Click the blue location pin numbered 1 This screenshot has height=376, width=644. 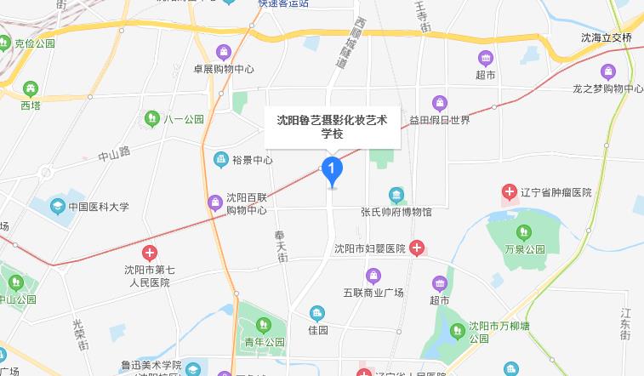click(x=331, y=170)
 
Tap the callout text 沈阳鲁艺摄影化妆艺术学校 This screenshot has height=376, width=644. click(x=332, y=127)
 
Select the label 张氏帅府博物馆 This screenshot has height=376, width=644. click(x=396, y=211)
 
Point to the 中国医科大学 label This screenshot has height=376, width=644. click(x=99, y=206)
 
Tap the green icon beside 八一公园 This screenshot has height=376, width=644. click(x=152, y=117)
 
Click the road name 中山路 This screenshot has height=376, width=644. click(x=114, y=154)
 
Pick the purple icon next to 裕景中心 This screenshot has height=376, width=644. click(x=220, y=159)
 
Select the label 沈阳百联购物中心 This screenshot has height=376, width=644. click(x=247, y=203)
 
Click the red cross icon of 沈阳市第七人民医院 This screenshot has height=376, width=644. click(x=150, y=253)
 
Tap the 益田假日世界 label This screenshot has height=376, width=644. click(x=439, y=120)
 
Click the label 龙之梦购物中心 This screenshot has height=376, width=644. click(x=607, y=88)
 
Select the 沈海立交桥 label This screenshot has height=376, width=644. click(x=607, y=38)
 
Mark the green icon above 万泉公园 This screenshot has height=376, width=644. click(x=523, y=231)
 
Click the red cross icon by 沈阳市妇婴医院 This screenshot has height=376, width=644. click(x=417, y=248)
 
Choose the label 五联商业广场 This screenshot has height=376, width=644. click(x=373, y=293)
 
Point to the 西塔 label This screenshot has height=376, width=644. click(x=31, y=105)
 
